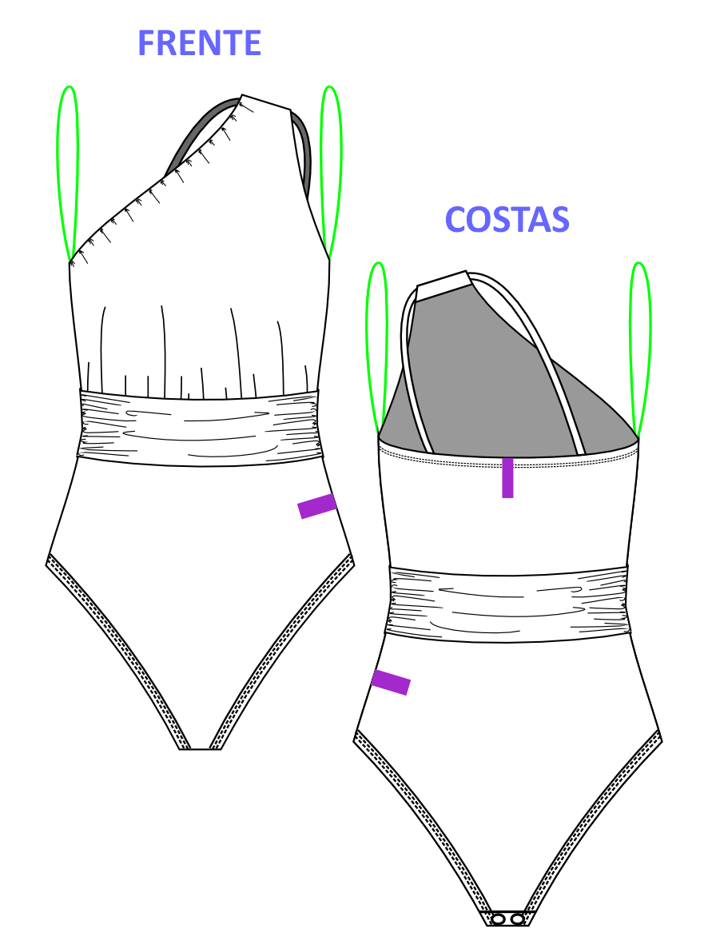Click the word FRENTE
[x=200, y=43]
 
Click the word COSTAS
[x=507, y=219]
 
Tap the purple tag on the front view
[x=317, y=505]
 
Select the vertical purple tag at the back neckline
[x=507, y=477]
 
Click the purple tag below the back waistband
[x=391, y=682]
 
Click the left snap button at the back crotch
[x=499, y=919]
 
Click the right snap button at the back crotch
[x=517, y=919]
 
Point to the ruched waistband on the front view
[x=200, y=428]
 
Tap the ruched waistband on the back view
[x=508, y=604]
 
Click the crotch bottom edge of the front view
[x=201, y=749]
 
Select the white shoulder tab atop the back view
[x=443, y=285]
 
